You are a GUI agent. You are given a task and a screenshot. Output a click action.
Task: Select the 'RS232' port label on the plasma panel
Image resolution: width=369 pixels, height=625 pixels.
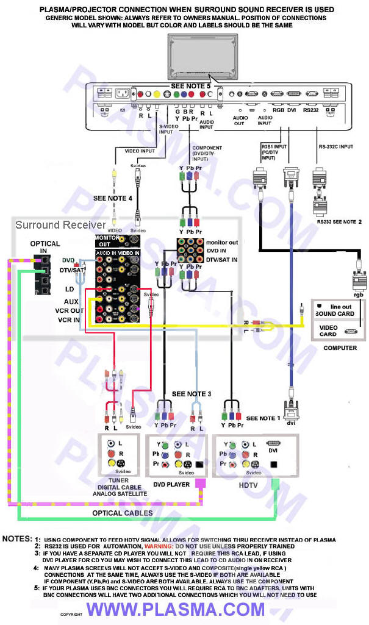click(310, 111)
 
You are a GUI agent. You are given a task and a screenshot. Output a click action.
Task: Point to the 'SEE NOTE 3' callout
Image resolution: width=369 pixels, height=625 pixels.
click(192, 394)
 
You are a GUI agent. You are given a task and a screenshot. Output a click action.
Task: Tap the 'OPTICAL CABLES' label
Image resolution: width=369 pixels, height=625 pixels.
click(122, 513)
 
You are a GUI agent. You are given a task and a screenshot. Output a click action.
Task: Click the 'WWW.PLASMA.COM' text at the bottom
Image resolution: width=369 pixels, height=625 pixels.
click(176, 609)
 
